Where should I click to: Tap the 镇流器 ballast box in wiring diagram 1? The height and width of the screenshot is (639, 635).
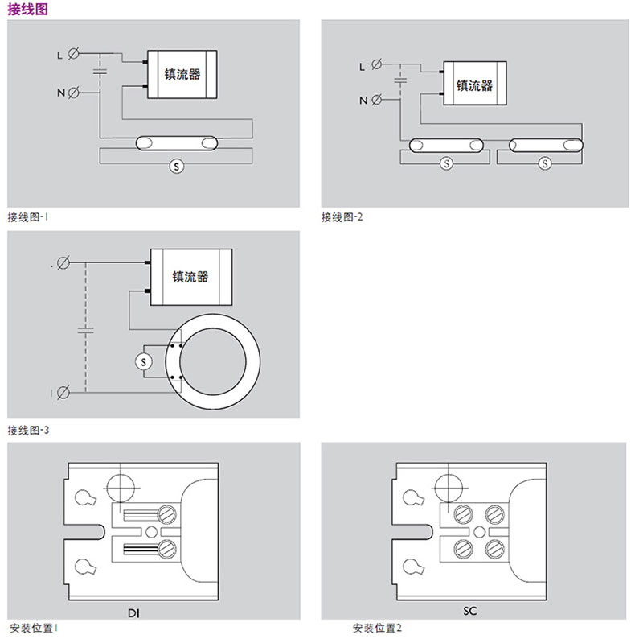(182, 75)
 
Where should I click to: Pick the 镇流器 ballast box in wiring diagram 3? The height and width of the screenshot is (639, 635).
(190, 276)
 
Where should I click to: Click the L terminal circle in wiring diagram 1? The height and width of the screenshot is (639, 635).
(74, 55)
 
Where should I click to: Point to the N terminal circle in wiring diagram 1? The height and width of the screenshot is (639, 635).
(74, 93)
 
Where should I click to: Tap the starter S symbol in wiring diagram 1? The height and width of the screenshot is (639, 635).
(177, 167)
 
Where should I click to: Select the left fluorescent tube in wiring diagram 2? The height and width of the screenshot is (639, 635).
(446, 146)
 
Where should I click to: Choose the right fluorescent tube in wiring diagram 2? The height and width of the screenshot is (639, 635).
(545, 146)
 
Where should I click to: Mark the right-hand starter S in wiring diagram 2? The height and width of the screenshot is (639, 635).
(545, 163)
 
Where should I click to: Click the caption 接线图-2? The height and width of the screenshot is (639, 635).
(342, 216)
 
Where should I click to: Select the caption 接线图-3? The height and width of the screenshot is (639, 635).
(28, 430)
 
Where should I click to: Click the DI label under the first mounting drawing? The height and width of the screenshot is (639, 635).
(133, 613)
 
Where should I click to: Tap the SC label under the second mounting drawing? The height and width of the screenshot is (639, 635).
(470, 611)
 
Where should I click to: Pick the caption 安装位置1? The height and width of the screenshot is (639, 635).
(35, 628)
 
